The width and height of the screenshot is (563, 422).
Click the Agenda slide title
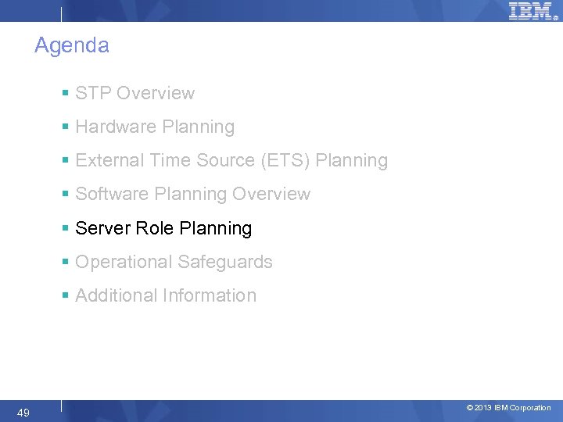[71, 45]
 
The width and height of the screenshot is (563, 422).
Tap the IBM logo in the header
[531, 11]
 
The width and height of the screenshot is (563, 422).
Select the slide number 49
[23, 413]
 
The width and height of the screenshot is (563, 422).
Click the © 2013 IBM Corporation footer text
[508, 408]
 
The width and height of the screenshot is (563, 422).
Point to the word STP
[91, 93]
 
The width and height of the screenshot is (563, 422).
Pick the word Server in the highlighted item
[102, 228]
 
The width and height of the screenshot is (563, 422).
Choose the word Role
[155, 228]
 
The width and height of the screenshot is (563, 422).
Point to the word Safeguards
[224, 262]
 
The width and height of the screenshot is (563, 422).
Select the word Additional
[116, 295]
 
